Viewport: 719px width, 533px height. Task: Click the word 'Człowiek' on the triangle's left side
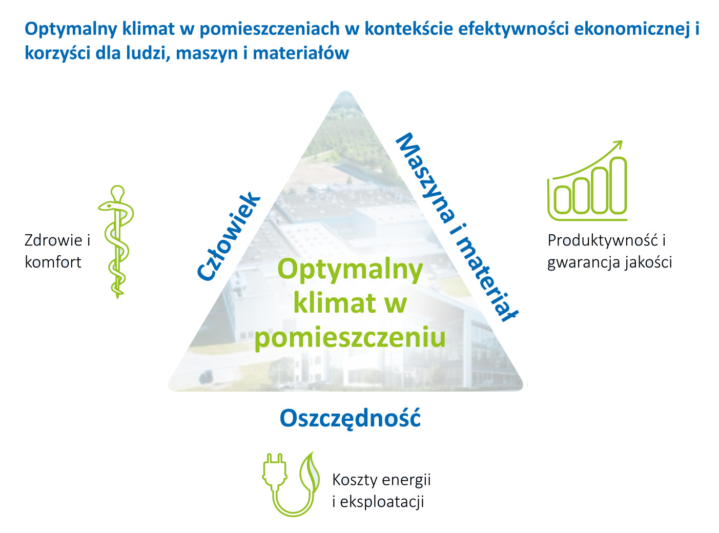(229, 236)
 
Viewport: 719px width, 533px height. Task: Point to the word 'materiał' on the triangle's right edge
(486, 279)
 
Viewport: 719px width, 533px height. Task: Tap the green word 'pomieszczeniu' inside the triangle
(350, 338)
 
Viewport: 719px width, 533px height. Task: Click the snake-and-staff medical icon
(116, 241)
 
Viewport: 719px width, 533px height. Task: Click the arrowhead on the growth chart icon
(618, 145)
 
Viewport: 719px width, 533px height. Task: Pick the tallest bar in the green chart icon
(618, 186)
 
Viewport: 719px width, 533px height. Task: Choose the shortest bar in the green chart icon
(562, 200)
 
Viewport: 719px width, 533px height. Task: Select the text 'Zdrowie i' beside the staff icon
(57, 240)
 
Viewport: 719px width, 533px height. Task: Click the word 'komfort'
(53, 262)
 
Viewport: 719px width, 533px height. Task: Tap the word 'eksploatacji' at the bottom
(382, 502)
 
